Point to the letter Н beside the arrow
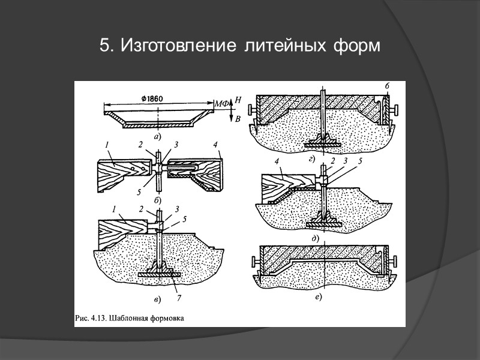[238, 100]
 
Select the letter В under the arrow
[238, 119]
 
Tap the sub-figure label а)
[158, 136]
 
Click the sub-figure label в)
[157, 299]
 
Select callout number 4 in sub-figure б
[214, 145]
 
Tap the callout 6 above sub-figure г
[387, 86]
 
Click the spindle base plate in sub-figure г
[323, 143]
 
